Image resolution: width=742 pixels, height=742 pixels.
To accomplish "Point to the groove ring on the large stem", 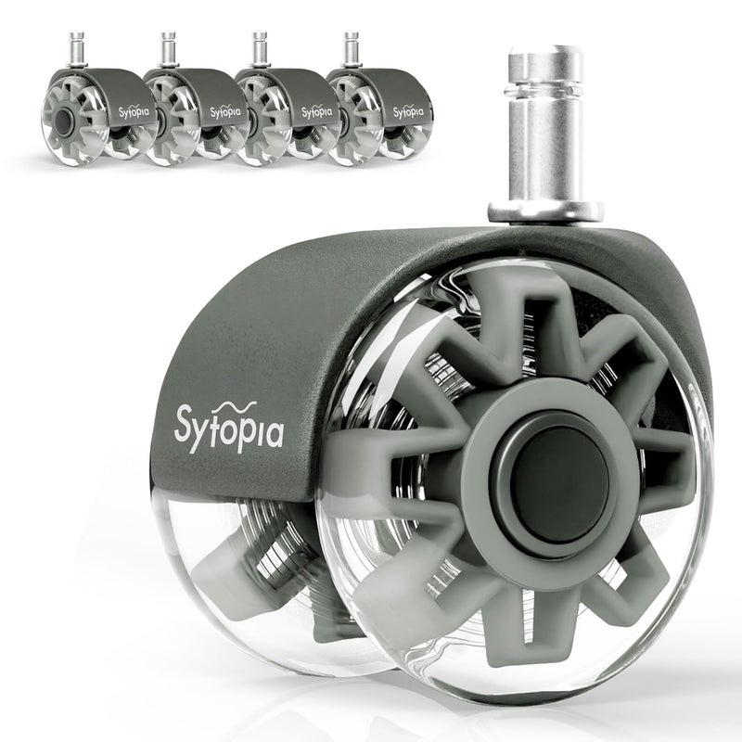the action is point(544,88).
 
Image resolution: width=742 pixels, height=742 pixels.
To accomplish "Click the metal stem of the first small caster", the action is point(77,50).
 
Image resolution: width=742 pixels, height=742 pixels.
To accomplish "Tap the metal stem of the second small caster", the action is point(168,50).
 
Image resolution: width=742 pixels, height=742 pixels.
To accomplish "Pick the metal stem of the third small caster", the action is point(260,50).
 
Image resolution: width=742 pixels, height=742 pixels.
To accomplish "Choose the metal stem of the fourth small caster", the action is point(352,50).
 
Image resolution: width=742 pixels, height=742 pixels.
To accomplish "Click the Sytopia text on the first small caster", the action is point(134,112).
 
